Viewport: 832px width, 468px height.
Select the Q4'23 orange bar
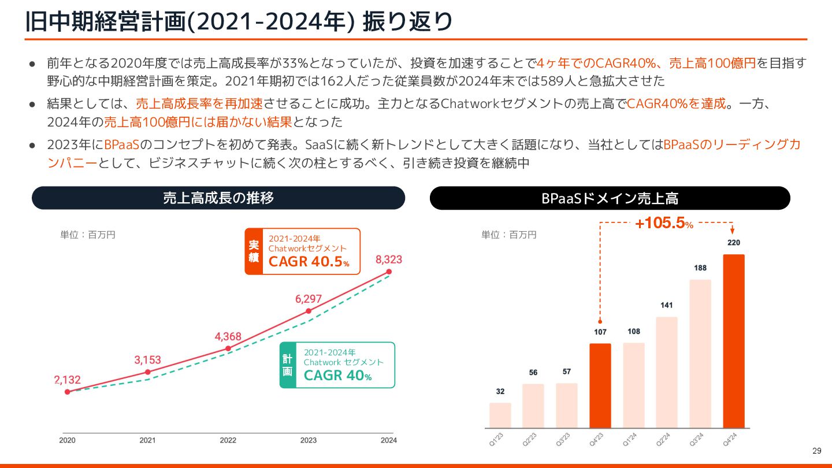(600, 385)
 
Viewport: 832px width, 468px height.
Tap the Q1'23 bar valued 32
(500, 415)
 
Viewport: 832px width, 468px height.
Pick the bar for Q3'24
(700, 354)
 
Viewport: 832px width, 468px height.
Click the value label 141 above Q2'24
(667, 305)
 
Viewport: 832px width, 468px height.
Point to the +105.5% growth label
(664, 223)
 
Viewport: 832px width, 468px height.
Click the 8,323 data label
(389, 259)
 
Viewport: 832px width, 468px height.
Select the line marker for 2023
(309, 311)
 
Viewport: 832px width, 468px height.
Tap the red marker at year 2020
(68, 392)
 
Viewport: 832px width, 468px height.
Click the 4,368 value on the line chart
(228, 337)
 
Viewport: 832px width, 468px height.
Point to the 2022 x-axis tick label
(228, 440)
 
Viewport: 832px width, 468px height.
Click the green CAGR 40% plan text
(337, 376)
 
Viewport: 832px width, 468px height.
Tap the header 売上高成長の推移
(218, 198)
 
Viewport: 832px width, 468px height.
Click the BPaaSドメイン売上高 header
(610, 198)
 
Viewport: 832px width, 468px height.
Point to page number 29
(816, 451)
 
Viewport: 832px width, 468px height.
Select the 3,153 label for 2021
(148, 360)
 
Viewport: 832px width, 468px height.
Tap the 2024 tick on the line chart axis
(389, 440)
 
